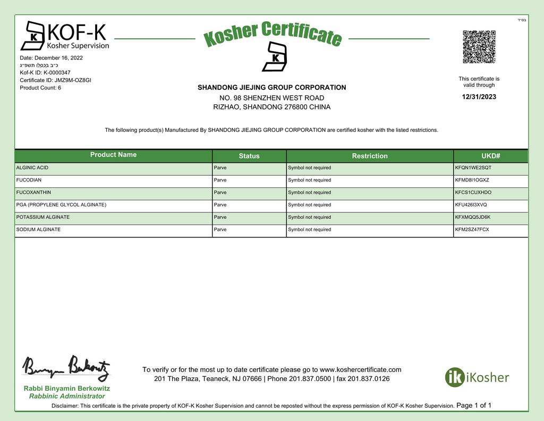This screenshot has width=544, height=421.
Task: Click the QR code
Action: [x=479, y=47]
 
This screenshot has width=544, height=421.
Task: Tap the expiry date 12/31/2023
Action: [x=479, y=97]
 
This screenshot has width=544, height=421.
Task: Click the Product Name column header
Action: [x=113, y=155]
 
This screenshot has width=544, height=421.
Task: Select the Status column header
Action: [x=249, y=156]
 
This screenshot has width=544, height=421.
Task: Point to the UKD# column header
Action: [x=491, y=156]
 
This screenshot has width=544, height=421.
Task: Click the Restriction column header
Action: [x=370, y=156]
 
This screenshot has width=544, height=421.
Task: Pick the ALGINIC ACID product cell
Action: [x=32, y=168]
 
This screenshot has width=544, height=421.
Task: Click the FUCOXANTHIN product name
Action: [x=34, y=192]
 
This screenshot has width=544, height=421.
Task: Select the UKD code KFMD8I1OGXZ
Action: [x=473, y=180]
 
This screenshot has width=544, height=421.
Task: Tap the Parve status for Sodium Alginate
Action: [x=220, y=229]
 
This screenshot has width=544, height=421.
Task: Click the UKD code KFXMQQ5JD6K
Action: [x=473, y=217]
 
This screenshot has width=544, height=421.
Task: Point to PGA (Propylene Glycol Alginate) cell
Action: [x=62, y=205]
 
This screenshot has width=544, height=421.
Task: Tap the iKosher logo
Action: [x=477, y=377]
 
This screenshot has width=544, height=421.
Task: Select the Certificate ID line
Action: [x=55, y=80]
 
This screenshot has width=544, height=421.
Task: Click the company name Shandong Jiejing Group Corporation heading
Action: [x=271, y=87]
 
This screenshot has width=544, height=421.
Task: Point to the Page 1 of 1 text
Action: [x=474, y=406]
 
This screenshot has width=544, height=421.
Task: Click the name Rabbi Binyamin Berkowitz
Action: [x=67, y=389]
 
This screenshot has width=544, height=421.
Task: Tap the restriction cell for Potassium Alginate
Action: [x=310, y=217]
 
